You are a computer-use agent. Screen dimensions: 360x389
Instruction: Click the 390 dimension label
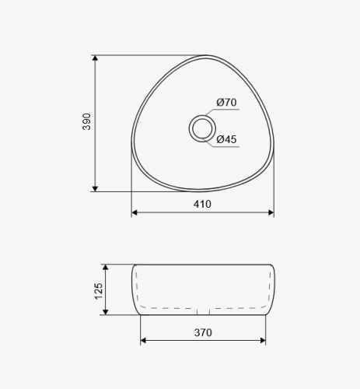click(x=86, y=121)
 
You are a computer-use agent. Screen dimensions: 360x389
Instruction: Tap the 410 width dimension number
click(x=202, y=205)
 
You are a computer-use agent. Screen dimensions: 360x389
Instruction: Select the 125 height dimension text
click(x=99, y=291)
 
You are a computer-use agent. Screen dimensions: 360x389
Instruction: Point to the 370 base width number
click(x=203, y=332)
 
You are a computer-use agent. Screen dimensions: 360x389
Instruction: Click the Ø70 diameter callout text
click(x=226, y=102)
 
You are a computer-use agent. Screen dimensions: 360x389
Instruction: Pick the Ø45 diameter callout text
click(x=226, y=139)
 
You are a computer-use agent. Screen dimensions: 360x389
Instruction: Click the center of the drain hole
click(x=202, y=128)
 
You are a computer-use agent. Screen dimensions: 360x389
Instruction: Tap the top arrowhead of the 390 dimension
click(x=95, y=58)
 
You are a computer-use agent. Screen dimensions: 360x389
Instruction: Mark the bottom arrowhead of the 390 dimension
click(x=95, y=189)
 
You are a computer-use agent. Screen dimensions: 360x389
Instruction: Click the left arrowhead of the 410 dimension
click(x=135, y=212)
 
